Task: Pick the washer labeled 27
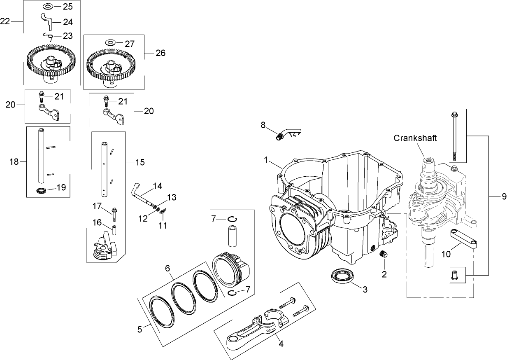(110, 42)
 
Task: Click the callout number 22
(5, 21)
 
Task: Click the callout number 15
(140, 162)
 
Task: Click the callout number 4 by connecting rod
(281, 343)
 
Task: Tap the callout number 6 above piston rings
(168, 268)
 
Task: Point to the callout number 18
(14, 162)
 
